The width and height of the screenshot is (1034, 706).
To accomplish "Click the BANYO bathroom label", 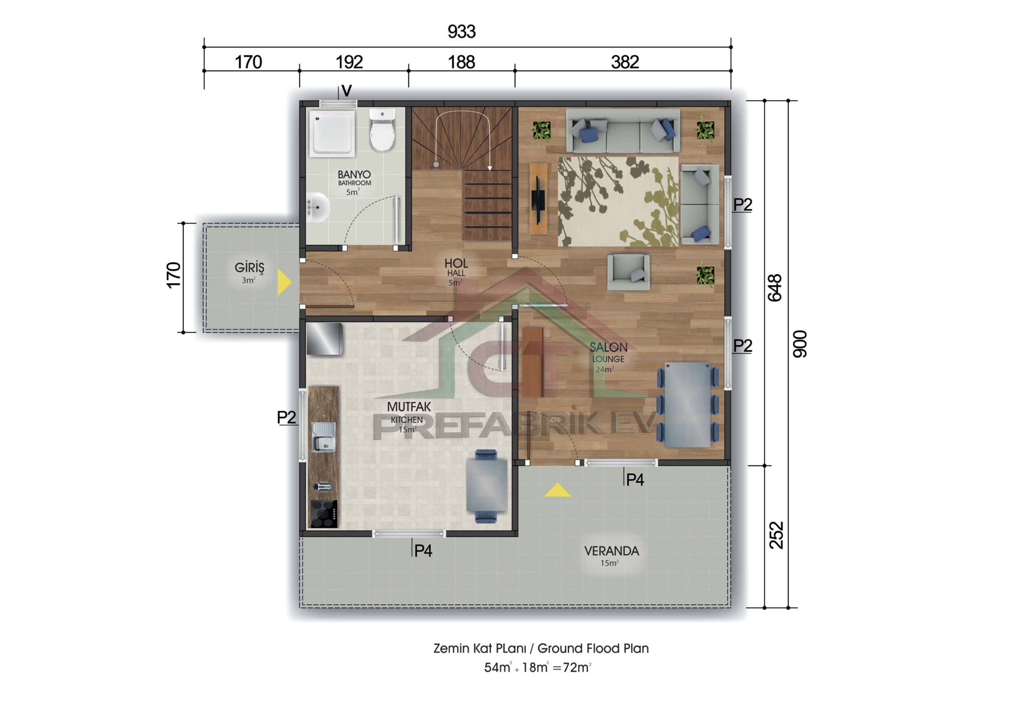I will coord(354,175).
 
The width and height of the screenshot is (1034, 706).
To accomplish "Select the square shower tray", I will coord(332,133).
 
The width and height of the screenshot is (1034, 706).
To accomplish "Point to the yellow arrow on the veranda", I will coord(557,491).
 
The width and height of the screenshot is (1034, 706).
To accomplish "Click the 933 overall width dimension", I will coord(461,32).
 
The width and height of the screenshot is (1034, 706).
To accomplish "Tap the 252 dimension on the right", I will coord(776,535).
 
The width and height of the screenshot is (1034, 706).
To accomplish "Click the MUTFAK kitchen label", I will coord(408,407).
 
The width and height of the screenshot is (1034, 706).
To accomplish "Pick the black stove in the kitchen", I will coord(324,514).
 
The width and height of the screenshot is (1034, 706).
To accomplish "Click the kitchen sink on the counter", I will coord(324,437).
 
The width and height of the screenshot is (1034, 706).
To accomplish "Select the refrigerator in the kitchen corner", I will coord(324,339).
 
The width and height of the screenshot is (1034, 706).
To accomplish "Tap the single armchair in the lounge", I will coord(628,272).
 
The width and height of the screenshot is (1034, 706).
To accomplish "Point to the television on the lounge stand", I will coord(538,199).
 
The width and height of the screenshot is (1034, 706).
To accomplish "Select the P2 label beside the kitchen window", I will coord(286,417).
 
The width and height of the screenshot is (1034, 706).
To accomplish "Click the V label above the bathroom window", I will coord(347,91).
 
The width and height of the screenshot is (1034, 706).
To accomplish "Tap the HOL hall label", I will coord(456,264).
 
